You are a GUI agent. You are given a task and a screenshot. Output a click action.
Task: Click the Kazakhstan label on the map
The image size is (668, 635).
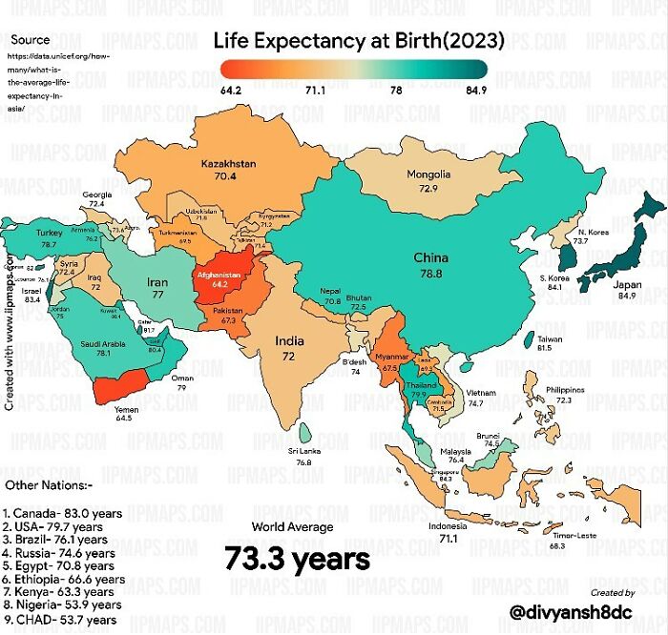[x=229, y=164]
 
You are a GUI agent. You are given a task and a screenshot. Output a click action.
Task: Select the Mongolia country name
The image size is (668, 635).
[x=428, y=174]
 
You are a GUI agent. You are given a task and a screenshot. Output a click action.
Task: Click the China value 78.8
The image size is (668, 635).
[x=431, y=274]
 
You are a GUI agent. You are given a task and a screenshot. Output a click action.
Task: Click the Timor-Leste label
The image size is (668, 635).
[x=576, y=535]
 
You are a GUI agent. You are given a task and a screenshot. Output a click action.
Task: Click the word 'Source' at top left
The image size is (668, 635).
[x=31, y=40]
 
